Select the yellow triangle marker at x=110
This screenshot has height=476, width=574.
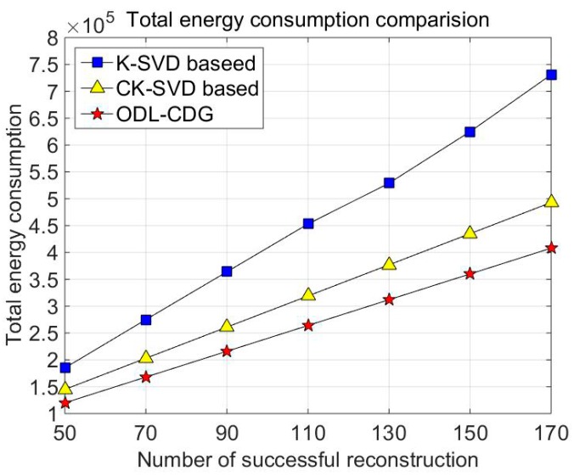coord(307,294)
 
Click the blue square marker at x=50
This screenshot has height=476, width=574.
coord(65,367)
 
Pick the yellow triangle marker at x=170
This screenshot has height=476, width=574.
coord(551,201)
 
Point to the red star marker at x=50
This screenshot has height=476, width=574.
coord(65,402)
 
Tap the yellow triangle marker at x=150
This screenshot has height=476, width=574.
coord(470,232)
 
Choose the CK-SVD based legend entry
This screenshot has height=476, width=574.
coord(170,87)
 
